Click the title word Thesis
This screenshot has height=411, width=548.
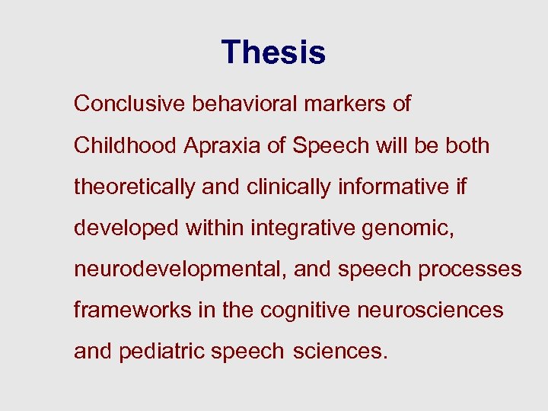pos(273,53)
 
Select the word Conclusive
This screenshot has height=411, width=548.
pos(129,104)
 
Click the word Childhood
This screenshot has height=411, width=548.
pos(126,145)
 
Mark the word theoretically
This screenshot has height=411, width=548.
pos(134,187)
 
